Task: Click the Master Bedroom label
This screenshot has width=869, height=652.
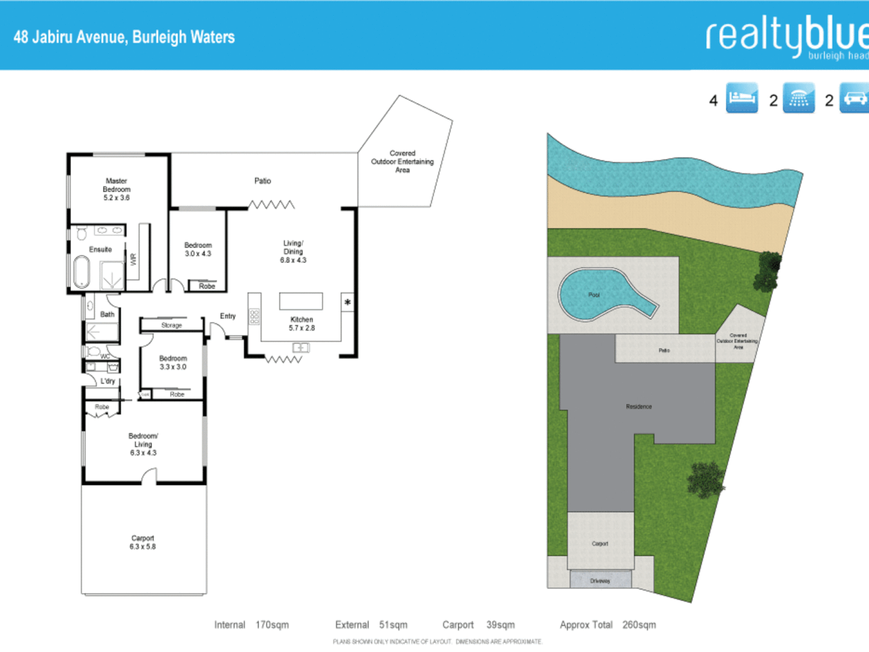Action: click(116, 185)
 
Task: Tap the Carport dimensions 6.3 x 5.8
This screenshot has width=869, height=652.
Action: click(142, 547)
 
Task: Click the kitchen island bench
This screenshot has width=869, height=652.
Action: click(301, 301)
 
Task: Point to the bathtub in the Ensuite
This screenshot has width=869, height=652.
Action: click(81, 272)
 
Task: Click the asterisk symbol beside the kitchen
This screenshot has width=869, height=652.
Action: click(348, 302)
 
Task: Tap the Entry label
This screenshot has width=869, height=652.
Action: click(228, 316)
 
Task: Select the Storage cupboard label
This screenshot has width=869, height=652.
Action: click(171, 325)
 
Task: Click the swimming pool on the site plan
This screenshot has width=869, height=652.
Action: click(594, 295)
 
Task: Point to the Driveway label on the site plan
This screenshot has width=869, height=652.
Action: click(600, 581)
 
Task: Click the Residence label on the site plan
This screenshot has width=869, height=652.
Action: click(638, 407)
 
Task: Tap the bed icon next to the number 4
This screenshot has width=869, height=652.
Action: click(742, 98)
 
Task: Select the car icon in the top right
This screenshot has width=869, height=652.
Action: click(855, 98)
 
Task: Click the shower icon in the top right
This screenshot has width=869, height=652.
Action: click(798, 98)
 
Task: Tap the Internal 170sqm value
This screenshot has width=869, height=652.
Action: click(272, 625)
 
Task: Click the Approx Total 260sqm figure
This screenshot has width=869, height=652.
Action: click(638, 625)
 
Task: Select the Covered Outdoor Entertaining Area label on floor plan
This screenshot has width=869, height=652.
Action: click(403, 162)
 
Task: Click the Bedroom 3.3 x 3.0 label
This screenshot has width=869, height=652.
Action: click(173, 362)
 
